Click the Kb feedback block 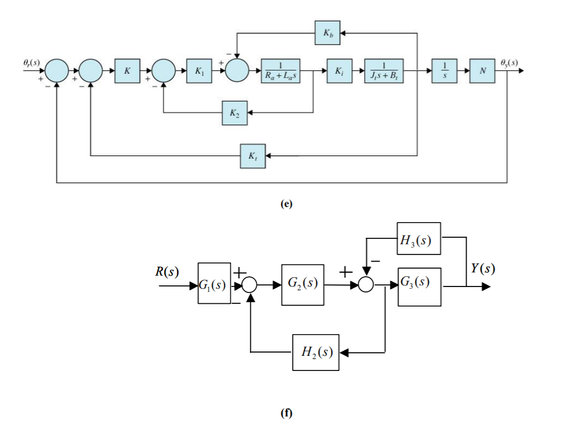click(x=328, y=33)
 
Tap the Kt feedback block click(x=253, y=157)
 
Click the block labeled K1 click(x=198, y=71)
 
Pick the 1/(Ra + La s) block click(x=280, y=71)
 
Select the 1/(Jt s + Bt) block click(x=383, y=71)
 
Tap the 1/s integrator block click(x=444, y=71)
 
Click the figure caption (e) click(x=286, y=204)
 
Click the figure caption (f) click(x=286, y=414)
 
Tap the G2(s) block click(x=302, y=284)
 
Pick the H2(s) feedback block click(x=316, y=352)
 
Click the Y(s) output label click(x=482, y=269)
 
